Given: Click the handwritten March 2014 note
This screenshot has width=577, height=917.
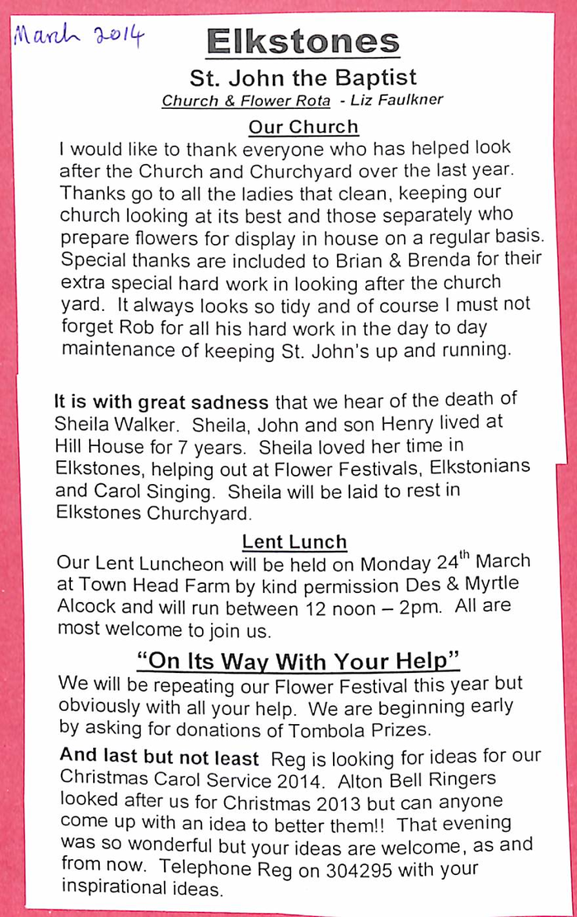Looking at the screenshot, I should (77, 36).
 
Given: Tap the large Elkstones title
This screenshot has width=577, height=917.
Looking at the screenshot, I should (303, 41).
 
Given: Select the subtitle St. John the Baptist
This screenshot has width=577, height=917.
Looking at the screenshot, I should (303, 78).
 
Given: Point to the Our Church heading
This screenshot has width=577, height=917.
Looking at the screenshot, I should (303, 127).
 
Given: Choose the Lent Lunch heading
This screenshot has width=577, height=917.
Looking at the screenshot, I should (294, 542).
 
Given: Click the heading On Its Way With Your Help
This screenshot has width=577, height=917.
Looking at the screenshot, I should (297, 661).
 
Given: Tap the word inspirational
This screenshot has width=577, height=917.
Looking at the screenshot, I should (120, 889).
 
